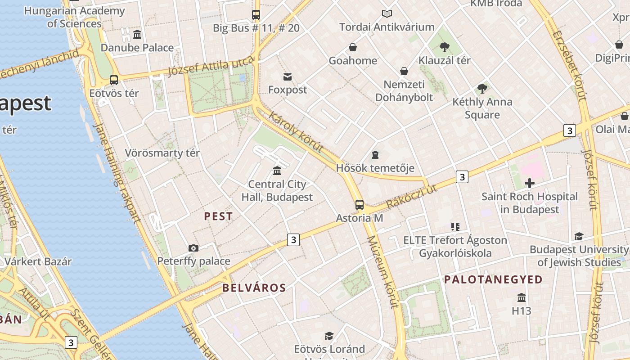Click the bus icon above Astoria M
pos(359,205)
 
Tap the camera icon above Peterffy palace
pos(193,248)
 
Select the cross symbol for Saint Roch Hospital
pos(530,183)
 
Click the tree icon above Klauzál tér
pos(445,47)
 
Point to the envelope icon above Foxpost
pos(287,76)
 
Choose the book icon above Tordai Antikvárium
pos(387,14)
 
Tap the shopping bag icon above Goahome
pos(353,47)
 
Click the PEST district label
pos(218,216)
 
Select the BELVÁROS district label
pos(254,288)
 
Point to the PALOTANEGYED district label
pos(493,279)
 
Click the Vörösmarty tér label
pos(162,153)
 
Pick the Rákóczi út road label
pos(411,197)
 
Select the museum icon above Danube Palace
pos(137,35)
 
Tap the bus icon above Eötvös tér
pos(114,80)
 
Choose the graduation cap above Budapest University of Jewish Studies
pos(579,236)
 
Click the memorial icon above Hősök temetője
pos(375,155)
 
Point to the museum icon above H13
pos(522,297)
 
